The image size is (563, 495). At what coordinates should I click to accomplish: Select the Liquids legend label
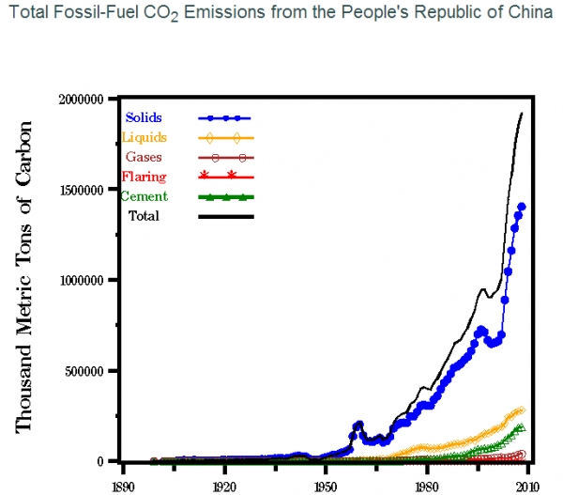[145, 138]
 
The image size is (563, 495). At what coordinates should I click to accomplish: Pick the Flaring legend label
[145, 177]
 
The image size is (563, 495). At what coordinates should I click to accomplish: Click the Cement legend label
[145, 196]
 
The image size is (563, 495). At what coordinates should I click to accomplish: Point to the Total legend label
[145, 216]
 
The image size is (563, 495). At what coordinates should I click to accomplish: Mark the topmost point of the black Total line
[522, 114]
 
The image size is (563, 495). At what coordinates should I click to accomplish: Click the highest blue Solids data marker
[522, 207]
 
